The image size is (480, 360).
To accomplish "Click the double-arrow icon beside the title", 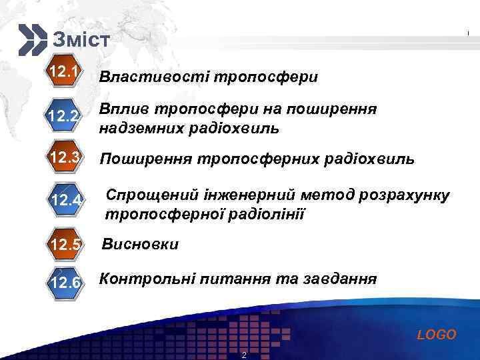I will point(32,39).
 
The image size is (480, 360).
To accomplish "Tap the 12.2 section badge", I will point(65,117).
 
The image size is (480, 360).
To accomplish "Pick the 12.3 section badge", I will point(65,158).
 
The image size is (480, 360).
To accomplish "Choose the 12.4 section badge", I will point(67,200).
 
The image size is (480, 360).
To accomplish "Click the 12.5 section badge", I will point(65,244).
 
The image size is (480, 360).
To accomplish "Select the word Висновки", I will point(140,244).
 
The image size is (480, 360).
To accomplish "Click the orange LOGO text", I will point(436,335).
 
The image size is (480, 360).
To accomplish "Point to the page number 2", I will point(244,355).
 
